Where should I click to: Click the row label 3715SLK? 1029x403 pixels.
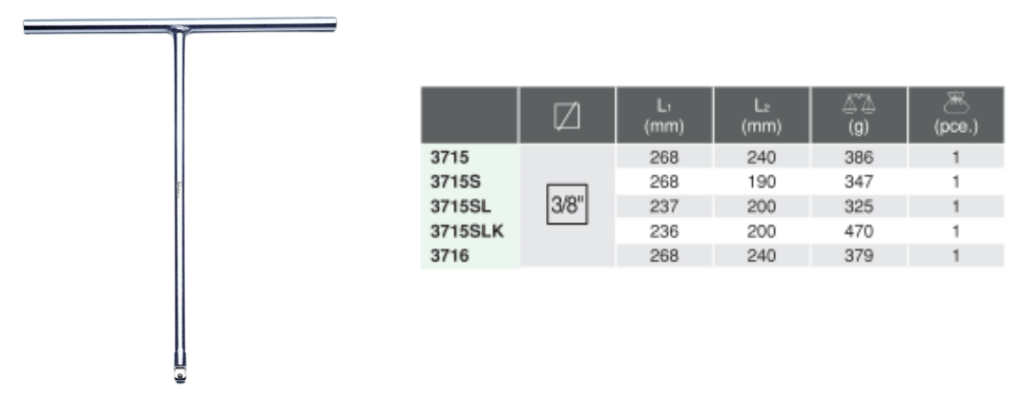point(466,231)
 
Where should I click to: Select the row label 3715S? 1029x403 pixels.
point(456,182)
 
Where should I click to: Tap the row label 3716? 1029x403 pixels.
point(449,256)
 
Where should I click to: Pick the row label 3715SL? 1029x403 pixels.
point(461,206)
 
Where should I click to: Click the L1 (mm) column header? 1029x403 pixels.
point(664,116)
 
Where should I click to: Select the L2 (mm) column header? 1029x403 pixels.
point(761,116)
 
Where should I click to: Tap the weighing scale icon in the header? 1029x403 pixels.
point(858,103)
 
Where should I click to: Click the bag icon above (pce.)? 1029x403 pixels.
point(956,103)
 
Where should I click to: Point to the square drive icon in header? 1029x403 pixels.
point(567,116)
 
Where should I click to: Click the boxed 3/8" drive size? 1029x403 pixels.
point(567,205)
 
